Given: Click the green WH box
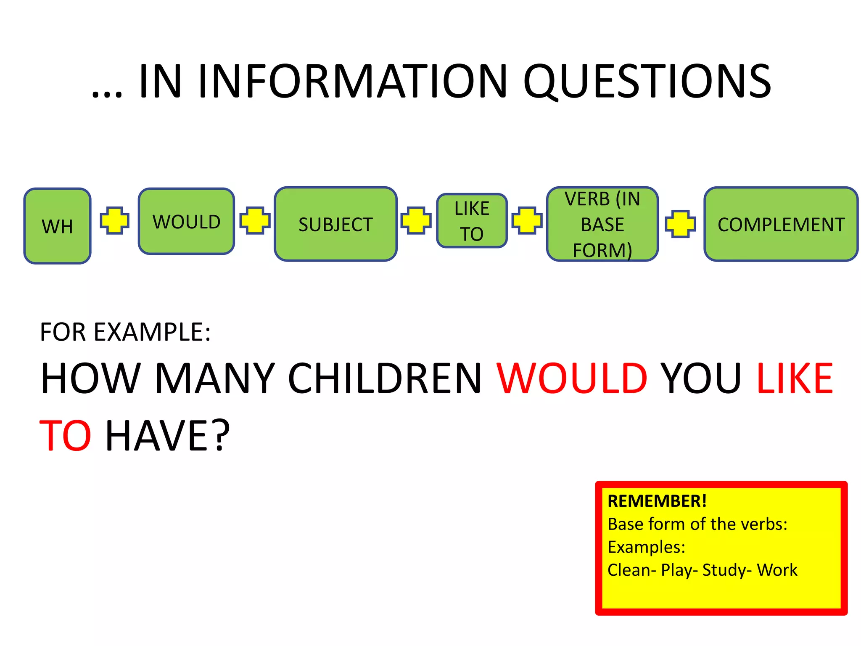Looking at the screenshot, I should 58,226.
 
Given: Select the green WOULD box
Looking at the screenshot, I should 186,221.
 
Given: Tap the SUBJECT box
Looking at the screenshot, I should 335,224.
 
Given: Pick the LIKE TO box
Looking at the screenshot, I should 472,221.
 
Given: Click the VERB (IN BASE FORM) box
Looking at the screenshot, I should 602,224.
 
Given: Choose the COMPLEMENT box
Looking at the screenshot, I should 781,224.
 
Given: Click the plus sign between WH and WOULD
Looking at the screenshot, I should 114,220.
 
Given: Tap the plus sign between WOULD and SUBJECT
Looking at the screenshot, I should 255,220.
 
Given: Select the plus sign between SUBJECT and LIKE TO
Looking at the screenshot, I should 416,220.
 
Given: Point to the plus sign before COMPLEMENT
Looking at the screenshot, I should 680,224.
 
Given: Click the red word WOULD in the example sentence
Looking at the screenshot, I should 572,379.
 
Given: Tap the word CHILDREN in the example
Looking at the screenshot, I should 385,379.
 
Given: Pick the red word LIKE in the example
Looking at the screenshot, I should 795,379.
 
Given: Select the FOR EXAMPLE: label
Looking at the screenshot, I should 125,332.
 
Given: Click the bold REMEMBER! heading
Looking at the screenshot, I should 657,501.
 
